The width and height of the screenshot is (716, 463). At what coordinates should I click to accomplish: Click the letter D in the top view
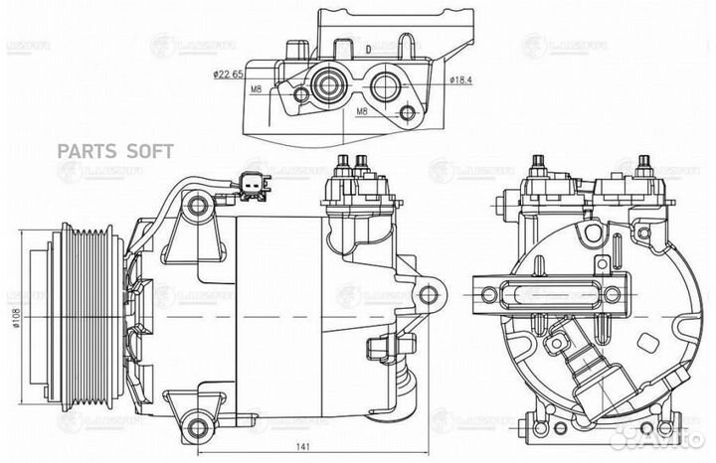coord(367,49)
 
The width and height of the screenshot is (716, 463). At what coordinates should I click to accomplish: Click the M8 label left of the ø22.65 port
coord(257,89)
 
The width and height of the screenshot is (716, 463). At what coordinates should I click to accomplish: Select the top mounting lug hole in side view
coord(198,206)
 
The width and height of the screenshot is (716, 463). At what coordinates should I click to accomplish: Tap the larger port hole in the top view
coord(326,86)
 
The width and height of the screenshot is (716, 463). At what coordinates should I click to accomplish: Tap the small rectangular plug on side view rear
coord(378,347)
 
